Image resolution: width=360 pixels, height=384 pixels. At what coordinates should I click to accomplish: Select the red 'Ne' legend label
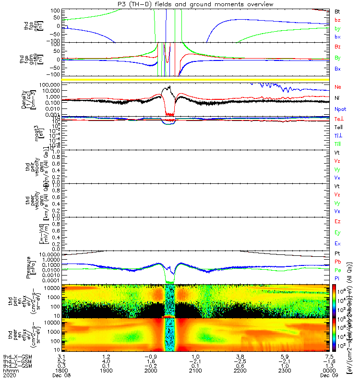pos(337,87)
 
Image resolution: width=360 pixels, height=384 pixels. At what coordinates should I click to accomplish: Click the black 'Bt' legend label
pos(337,11)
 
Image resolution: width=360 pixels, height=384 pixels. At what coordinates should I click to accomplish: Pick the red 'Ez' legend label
pos(337,222)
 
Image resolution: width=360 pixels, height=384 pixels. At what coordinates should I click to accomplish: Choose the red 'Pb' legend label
pos(337,262)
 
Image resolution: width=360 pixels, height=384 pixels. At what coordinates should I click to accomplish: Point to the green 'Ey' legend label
pos(337,233)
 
